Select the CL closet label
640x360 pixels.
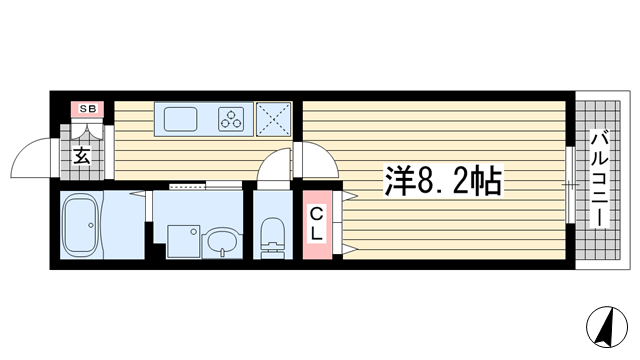pos(314,224)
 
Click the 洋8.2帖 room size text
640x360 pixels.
pos(443,181)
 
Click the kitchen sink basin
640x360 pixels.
pos(181,119)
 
